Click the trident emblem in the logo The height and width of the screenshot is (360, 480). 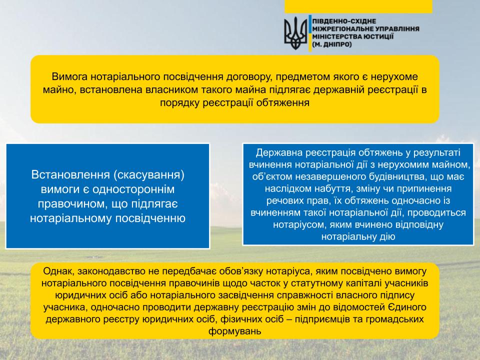[x=295, y=33]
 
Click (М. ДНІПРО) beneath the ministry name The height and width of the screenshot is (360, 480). [x=332, y=44]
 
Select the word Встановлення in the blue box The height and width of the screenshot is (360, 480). [x=70, y=175]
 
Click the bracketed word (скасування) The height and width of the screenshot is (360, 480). [x=149, y=175]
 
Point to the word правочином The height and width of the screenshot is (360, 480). [x=72, y=204]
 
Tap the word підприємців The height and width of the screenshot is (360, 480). [x=326, y=319]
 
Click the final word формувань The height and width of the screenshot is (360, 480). [x=235, y=331]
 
